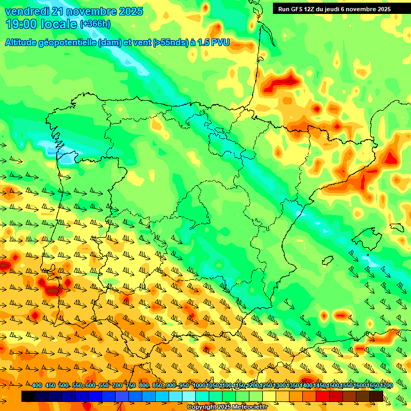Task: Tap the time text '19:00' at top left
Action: [x=20, y=24]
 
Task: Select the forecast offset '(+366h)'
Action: [x=95, y=24]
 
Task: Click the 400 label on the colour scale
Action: [x=36, y=386]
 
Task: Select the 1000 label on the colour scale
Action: [x=199, y=386]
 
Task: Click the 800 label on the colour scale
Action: [x=143, y=386]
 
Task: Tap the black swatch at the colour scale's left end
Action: [x=28, y=396]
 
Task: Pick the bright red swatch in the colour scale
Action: [x=323, y=396]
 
